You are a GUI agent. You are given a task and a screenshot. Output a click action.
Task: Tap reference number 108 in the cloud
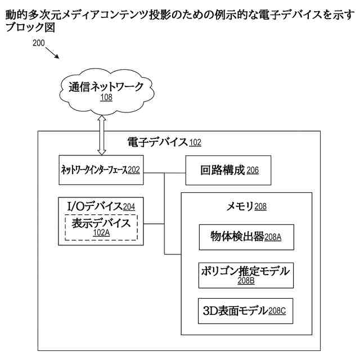tap(106, 97)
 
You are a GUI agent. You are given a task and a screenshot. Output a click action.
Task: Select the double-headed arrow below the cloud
tap(102, 134)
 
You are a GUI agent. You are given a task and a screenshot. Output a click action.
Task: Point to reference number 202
tap(133, 169)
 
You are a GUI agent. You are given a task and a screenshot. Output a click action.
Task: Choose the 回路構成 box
tap(228, 170)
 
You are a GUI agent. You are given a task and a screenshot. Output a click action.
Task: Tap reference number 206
tap(253, 171)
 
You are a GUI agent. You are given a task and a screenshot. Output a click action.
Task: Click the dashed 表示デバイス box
tap(101, 228)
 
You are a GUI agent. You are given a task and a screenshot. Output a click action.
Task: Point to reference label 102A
tap(102, 233)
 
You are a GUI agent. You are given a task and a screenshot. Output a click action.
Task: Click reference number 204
tap(129, 208)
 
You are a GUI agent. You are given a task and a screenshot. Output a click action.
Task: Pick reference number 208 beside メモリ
tap(260, 207)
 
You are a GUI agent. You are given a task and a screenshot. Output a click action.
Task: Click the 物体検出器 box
tap(246, 237)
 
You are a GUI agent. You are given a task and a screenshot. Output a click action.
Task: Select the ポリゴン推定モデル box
tap(246, 275)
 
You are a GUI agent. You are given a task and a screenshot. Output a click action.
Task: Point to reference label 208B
tap(246, 280)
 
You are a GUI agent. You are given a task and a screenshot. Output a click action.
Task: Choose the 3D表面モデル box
tap(246, 310)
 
